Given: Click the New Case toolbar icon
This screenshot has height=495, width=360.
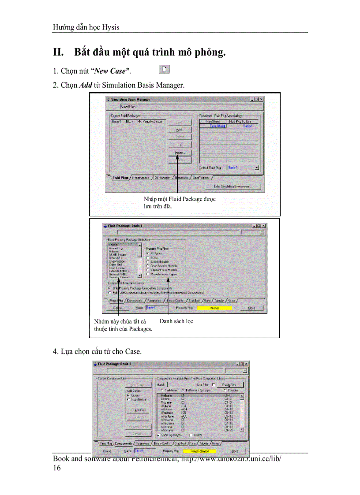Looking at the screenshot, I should pos(164,69).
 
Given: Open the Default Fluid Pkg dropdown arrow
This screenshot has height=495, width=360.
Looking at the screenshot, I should pos(256,168).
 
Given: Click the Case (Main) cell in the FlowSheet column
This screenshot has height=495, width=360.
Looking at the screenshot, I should pos(213,126).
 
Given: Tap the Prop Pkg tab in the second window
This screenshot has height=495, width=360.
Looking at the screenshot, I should pos(114,300).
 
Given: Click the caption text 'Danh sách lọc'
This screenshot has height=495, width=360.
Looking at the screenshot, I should pos(176,321).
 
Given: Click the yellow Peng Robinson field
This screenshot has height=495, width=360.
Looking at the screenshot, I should pos(200,451).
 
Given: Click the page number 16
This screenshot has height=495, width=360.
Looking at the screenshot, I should pos(57,468).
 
